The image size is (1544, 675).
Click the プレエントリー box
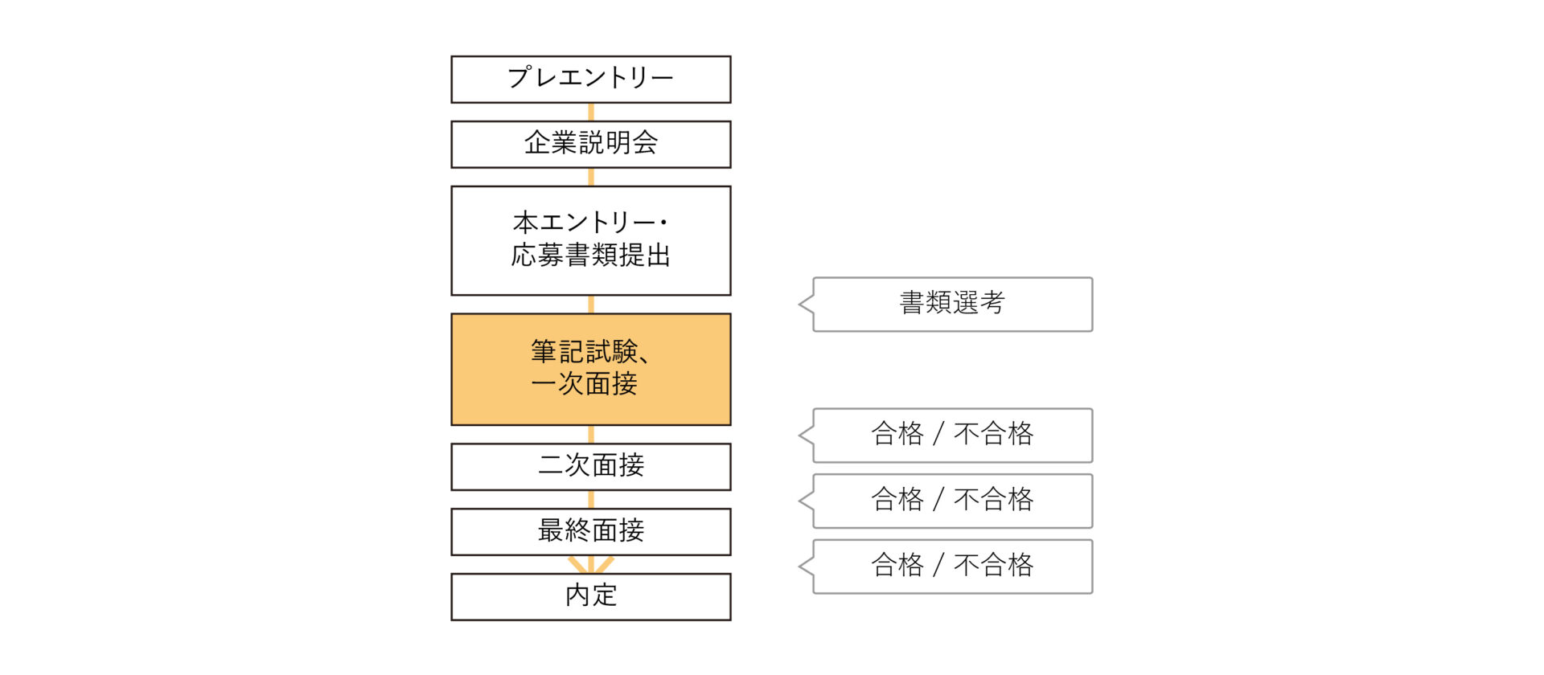click(591, 80)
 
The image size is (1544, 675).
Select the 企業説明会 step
click(591, 145)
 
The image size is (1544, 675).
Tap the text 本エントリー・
click(591, 222)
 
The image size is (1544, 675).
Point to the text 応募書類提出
click(591, 256)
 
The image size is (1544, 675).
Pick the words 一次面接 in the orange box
click(585, 384)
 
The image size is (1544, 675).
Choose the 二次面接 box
click(591, 467)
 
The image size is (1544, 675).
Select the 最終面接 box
click(591, 532)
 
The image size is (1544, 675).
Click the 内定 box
click(591, 597)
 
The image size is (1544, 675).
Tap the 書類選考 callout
click(952, 305)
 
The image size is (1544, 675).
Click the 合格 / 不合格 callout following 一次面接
click(952, 436)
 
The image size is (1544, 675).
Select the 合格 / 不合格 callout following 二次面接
click(952, 501)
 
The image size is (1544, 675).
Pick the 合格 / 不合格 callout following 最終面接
click(952, 567)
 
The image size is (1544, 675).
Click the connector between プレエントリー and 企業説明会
click(591, 112)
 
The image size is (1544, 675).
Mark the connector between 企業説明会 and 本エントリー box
click(591, 178)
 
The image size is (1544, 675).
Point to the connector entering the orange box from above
click(591, 305)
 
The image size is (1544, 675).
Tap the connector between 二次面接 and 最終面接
click(591, 500)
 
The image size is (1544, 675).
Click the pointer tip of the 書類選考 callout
click(799, 305)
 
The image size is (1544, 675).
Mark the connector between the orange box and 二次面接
click(591, 435)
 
